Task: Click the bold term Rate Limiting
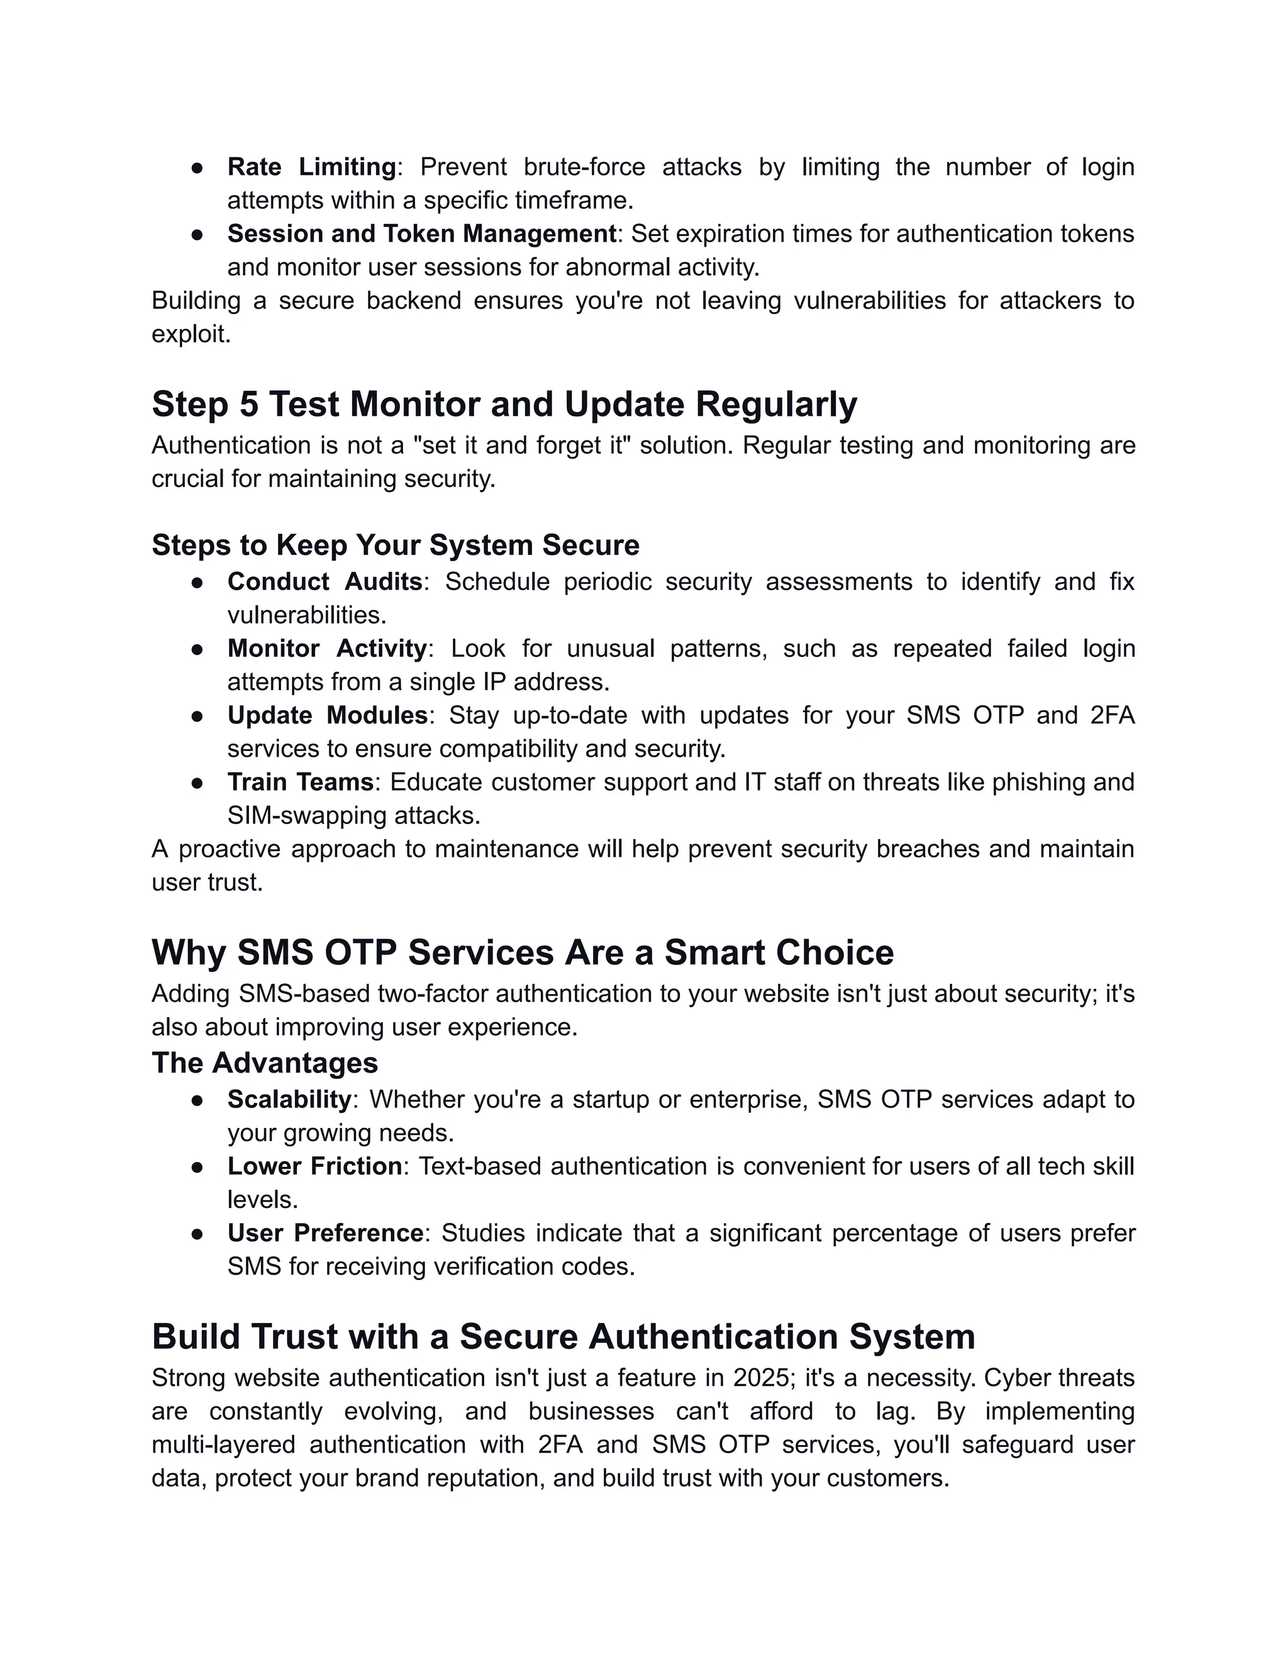coord(311,167)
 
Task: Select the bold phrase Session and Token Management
coord(421,233)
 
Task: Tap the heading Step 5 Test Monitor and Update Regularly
coord(504,404)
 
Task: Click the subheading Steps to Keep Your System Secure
coord(395,545)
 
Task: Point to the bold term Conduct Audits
coord(325,582)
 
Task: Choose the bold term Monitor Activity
coord(326,648)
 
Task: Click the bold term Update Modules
coord(326,715)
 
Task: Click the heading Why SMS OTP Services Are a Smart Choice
coord(522,952)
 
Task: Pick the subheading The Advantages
coord(265,1062)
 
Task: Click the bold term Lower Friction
coord(314,1166)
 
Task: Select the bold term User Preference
coord(325,1233)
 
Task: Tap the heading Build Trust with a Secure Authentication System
coord(563,1337)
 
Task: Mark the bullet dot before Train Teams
coord(197,783)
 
